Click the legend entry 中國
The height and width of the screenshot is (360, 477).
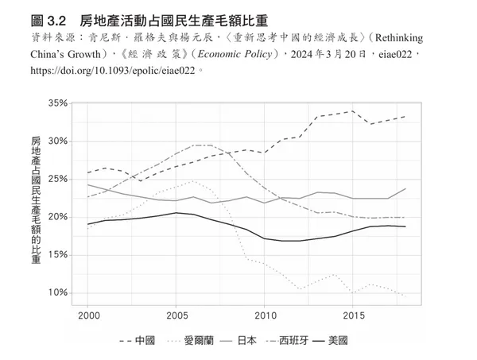point(144,341)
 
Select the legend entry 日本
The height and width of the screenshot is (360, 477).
point(246,341)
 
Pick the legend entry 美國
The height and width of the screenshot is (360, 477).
point(337,341)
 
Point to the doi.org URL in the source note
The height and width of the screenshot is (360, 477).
point(111,70)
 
